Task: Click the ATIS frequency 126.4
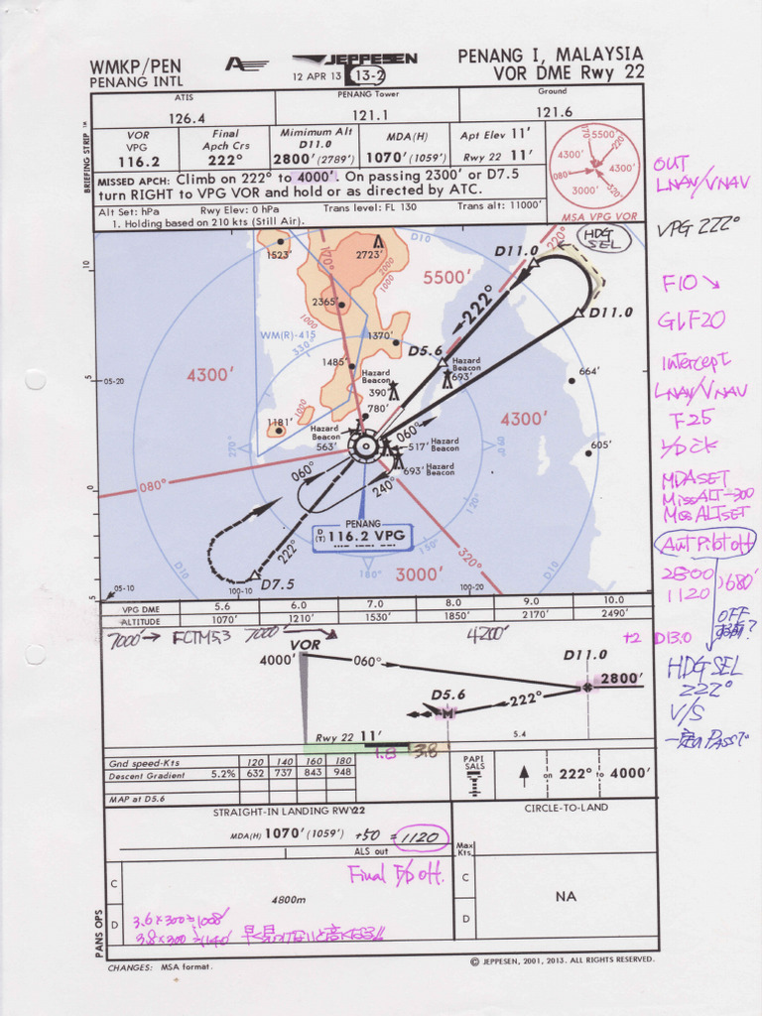point(187,117)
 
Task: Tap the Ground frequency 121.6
point(554,113)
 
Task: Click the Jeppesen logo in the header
point(358,60)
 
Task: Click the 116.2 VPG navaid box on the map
point(363,537)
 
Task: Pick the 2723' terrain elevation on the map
point(369,255)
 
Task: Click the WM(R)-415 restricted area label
point(287,335)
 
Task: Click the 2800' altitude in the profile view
point(621,679)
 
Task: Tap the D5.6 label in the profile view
point(447,695)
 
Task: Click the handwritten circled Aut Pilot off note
point(704,542)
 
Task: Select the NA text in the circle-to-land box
point(565,896)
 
